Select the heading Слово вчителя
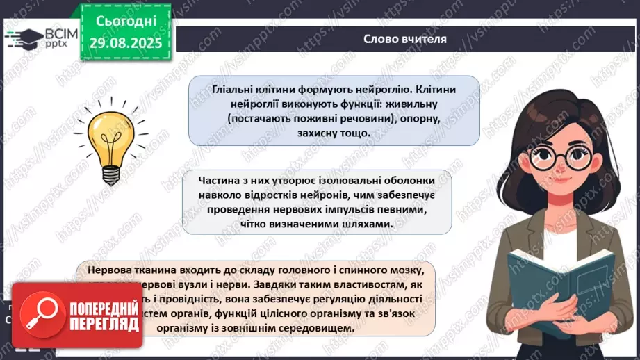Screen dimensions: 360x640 coord(405,39)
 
